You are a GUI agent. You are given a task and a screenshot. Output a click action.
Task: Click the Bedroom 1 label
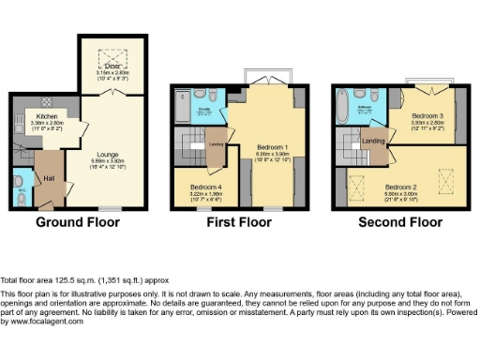tap(271, 149)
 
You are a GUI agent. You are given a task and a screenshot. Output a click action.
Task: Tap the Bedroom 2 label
tap(401, 186)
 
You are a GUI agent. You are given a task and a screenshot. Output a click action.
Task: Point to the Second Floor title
tap(399, 223)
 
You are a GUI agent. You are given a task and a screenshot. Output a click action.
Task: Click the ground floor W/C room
tap(21, 185)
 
